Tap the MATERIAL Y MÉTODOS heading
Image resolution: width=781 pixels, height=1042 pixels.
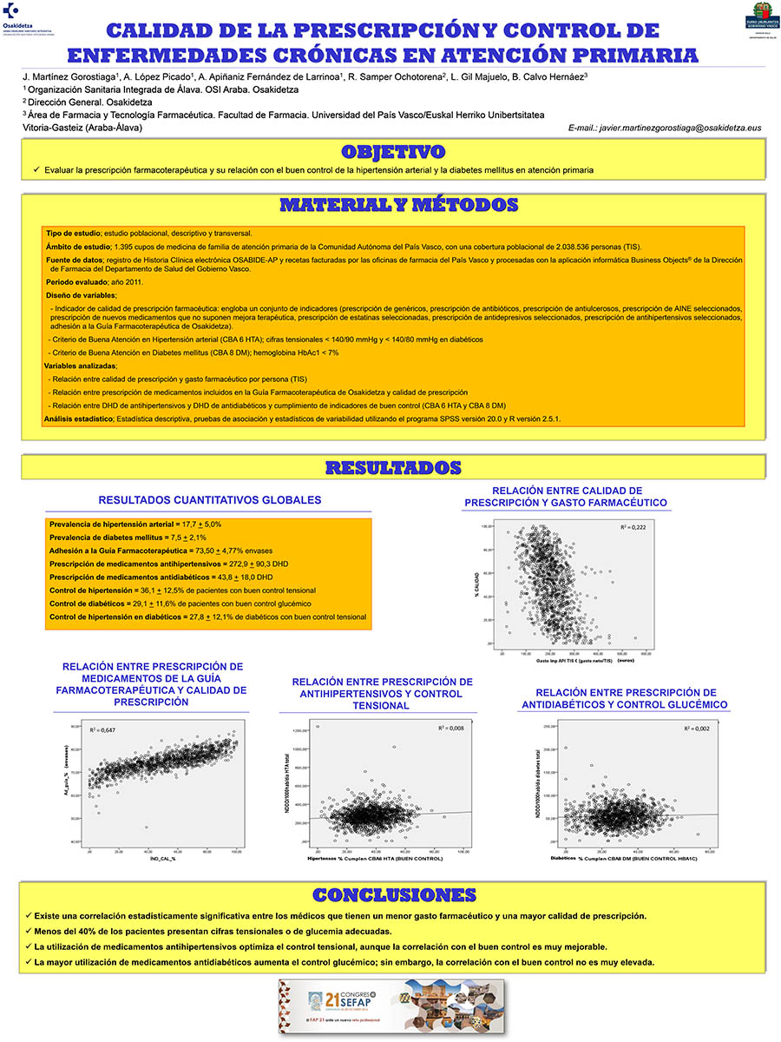[x=398, y=206]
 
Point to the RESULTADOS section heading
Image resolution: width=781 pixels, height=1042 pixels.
[x=392, y=468]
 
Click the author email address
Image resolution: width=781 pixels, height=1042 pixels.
[x=665, y=128]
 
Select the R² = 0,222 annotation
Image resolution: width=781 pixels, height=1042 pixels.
[x=633, y=528]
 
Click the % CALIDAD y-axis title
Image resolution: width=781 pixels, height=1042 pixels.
[x=476, y=584]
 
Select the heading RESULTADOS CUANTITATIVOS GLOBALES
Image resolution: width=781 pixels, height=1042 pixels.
[x=210, y=500]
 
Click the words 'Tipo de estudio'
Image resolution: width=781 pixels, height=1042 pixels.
[x=73, y=234]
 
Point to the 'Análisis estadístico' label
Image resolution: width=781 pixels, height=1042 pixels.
[x=78, y=419]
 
